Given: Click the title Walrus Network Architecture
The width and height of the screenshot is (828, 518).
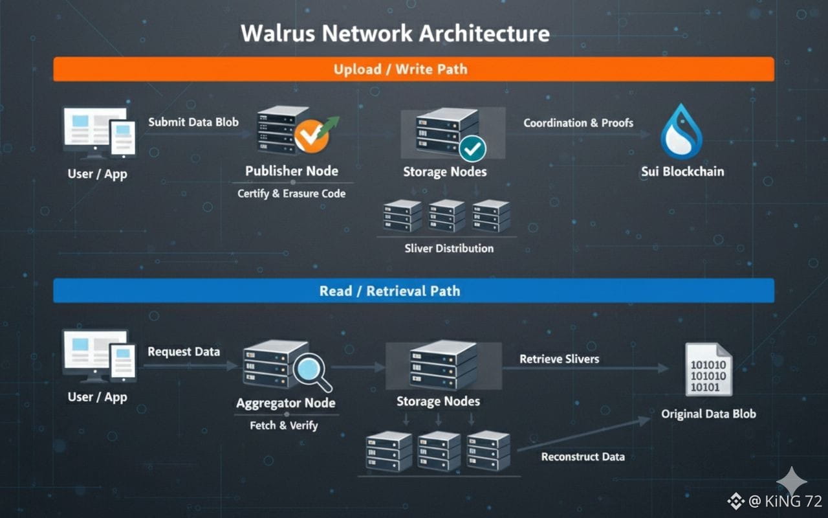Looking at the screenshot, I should [395, 34].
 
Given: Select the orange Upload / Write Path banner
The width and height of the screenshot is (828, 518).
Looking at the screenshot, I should [413, 69].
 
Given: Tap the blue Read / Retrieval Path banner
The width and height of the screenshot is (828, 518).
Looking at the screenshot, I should [413, 291].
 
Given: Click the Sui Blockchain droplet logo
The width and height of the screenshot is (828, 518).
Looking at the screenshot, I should [681, 133].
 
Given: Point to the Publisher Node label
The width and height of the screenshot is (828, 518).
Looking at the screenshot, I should [292, 172].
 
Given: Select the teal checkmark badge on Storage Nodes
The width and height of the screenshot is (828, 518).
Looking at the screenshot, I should [473, 148].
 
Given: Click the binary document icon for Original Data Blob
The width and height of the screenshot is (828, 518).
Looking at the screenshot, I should [708, 370].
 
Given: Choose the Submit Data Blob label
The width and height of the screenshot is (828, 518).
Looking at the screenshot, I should [193, 122].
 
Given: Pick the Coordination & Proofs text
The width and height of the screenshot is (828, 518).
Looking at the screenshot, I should [578, 123].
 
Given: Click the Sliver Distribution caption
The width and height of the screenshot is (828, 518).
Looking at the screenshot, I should [449, 249].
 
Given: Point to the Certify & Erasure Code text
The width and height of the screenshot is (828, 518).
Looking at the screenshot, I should [291, 194].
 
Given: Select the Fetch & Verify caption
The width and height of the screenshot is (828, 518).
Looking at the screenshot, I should [284, 425].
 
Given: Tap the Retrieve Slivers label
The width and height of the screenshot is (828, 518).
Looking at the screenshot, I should [560, 359].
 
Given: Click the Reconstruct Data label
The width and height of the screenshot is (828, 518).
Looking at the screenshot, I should [583, 457].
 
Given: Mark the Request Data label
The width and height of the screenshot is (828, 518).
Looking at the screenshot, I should [184, 352].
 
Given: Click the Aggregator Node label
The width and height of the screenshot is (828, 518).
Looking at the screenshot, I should [286, 403].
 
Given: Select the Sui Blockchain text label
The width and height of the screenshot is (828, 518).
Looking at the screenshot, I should [682, 172].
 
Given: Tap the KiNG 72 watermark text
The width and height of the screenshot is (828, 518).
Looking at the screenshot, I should [785, 501].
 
